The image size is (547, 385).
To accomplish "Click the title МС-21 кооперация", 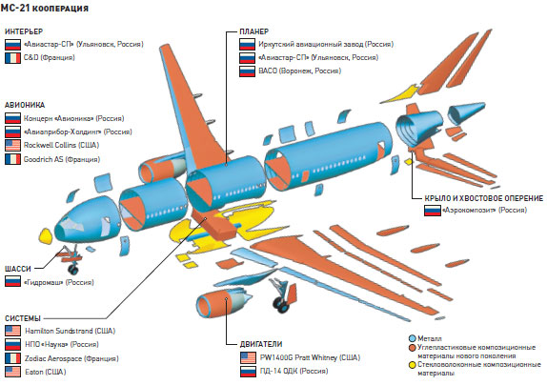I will point(47,9).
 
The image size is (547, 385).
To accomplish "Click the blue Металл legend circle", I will point(412,336).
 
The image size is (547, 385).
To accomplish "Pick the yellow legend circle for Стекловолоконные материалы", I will point(412,363).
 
